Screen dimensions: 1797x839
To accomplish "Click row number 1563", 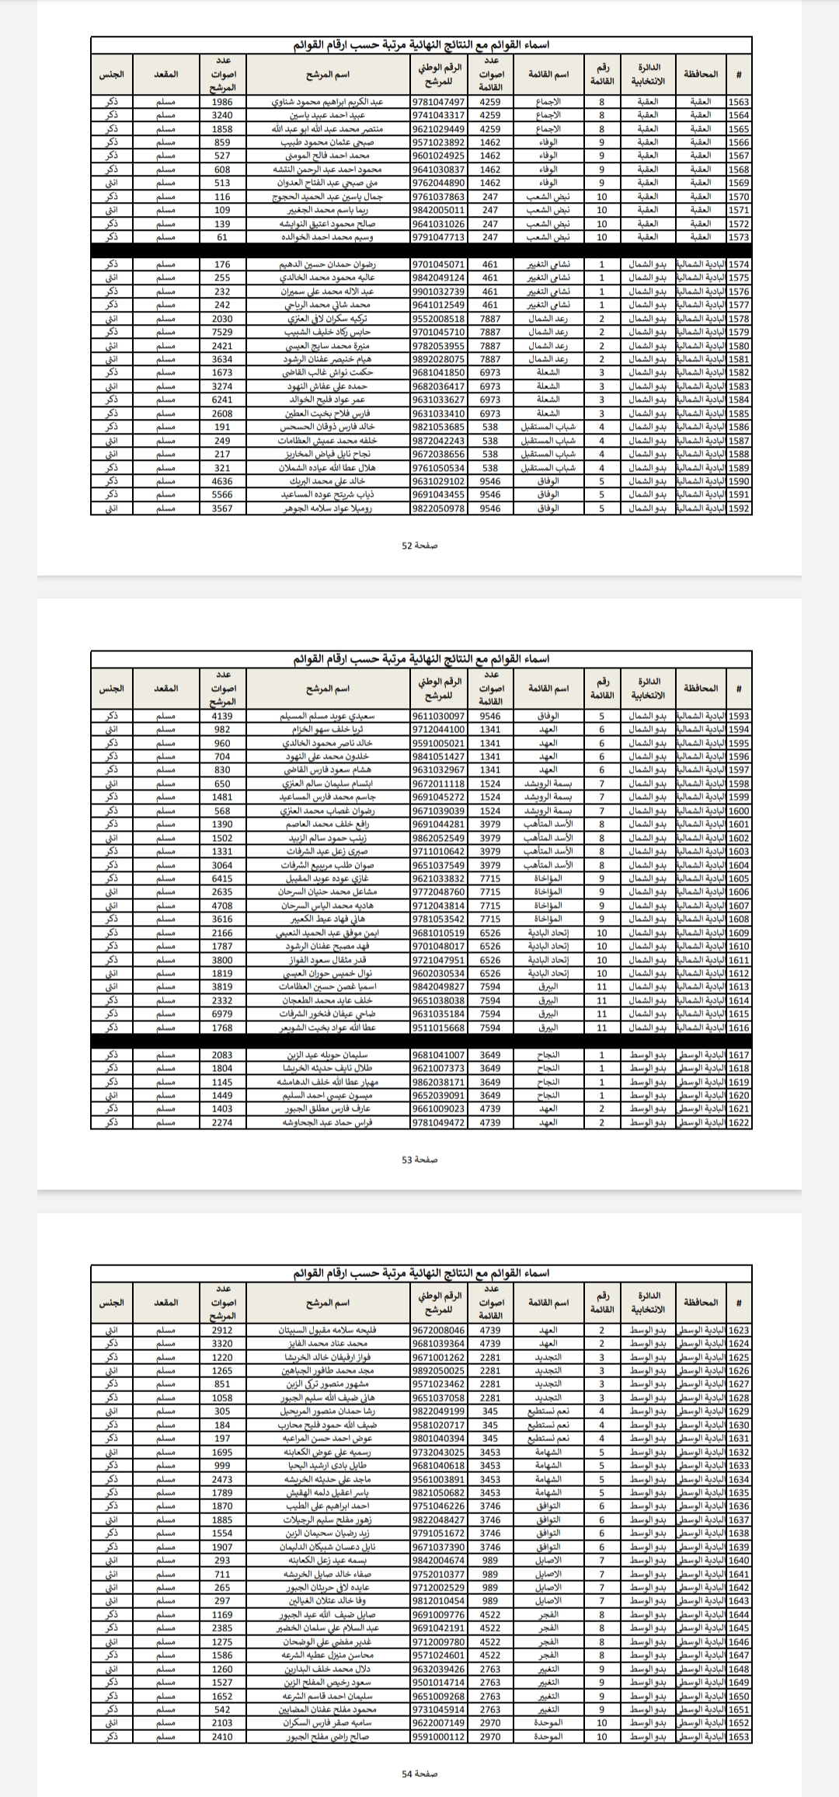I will [x=739, y=102].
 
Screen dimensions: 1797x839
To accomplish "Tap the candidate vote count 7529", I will [x=222, y=332].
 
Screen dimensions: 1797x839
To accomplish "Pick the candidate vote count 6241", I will [x=222, y=400].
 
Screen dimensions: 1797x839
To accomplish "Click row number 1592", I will [x=739, y=508].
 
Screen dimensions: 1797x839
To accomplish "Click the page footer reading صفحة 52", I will [x=419, y=546].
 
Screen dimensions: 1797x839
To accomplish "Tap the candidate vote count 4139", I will [x=222, y=716].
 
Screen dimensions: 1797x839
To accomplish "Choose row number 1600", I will [x=739, y=811].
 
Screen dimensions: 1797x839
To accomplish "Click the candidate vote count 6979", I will [x=222, y=1014].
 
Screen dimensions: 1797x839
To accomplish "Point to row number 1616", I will [x=739, y=1028].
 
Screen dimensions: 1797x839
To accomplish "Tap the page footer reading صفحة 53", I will [x=419, y=1160].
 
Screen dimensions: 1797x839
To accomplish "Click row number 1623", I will [x=739, y=1330].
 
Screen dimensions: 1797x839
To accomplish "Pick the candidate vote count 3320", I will [x=222, y=1343].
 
